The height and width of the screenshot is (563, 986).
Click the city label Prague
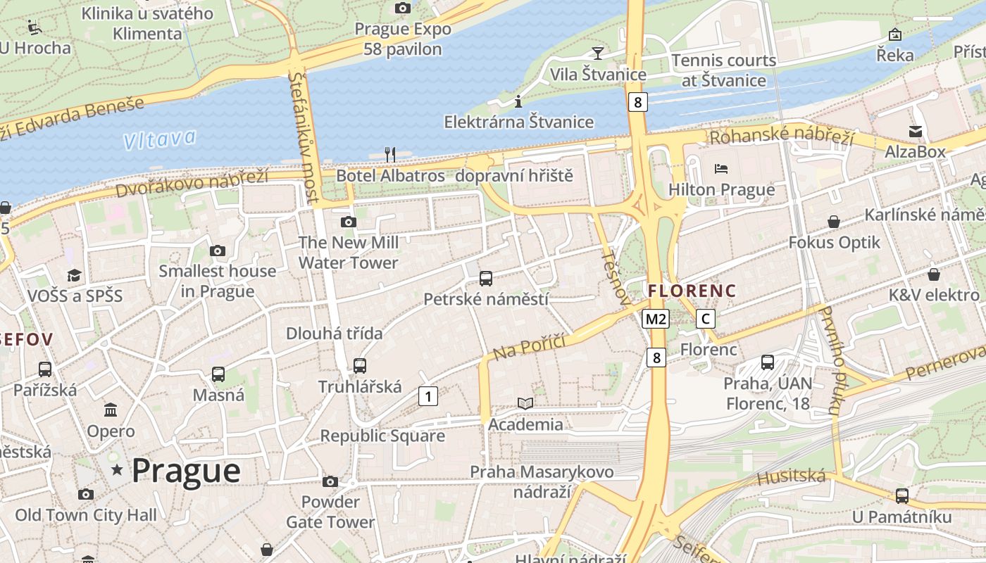(186, 470)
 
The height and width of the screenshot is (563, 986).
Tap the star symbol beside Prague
(117, 469)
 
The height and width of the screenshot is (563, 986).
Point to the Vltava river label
(159, 139)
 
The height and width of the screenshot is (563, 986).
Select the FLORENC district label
(692, 291)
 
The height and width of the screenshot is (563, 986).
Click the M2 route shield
(655, 319)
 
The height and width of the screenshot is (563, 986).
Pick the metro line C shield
(705, 319)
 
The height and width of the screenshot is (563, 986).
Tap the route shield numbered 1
(428, 396)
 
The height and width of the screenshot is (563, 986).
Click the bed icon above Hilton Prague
(721, 169)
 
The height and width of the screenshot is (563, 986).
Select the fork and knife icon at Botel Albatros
(390, 154)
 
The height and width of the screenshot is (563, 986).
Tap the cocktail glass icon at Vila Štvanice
(597, 53)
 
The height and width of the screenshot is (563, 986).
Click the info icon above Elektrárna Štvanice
(518, 101)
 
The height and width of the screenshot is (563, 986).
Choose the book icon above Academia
(525, 403)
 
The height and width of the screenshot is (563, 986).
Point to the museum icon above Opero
(111, 410)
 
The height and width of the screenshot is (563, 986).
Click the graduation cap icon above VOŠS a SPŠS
(75, 275)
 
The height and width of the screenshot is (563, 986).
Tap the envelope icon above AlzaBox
(915, 131)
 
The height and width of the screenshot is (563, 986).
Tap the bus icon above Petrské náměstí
(486, 278)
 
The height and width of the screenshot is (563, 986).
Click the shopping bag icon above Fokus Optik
(834, 222)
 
